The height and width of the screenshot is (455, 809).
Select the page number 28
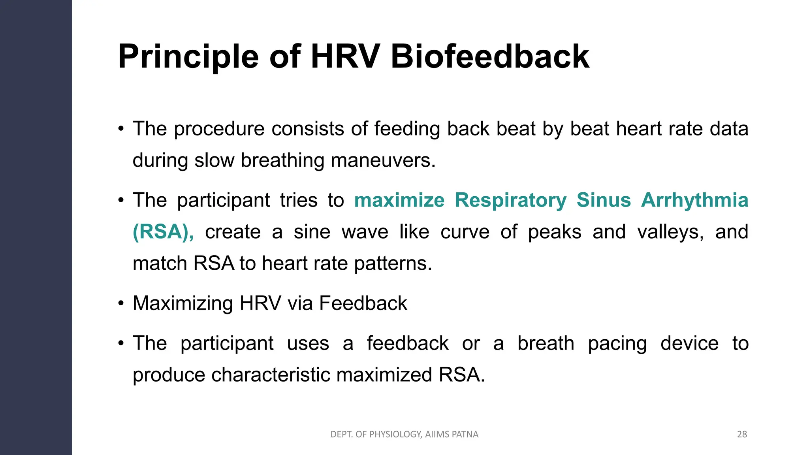[x=742, y=434]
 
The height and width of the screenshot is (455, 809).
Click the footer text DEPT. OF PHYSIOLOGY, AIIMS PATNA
[x=404, y=434]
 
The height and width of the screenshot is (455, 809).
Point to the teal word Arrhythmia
[x=694, y=200]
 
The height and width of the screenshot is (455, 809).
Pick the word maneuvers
[x=382, y=160]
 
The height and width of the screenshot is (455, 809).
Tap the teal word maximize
[x=399, y=200]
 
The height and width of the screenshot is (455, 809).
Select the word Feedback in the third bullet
[x=363, y=303]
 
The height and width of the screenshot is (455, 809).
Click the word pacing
[x=617, y=343]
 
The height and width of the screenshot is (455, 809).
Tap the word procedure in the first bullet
[x=219, y=129]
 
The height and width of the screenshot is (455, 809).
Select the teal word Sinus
[x=604, y=200]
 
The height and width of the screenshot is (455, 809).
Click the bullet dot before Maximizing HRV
[x=121, y=304]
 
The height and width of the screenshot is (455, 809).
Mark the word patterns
[x=393, y=263]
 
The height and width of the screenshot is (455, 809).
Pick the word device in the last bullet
[x=689, y=343]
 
